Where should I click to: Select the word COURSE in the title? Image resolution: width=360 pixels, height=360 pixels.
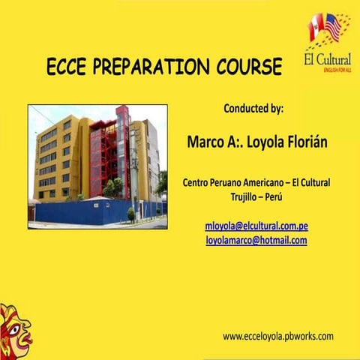[x=247, y=67]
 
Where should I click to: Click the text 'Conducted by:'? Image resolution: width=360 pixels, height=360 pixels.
[x=253, y=108]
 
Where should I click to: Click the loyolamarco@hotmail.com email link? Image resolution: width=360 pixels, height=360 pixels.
[x=256, y=240]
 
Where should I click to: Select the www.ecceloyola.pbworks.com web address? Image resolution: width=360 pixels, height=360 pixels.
[x=277, y=337]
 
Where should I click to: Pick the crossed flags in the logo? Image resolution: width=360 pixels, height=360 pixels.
[x=325, y=28]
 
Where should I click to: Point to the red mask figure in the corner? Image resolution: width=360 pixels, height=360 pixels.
[x=14, y=330]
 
